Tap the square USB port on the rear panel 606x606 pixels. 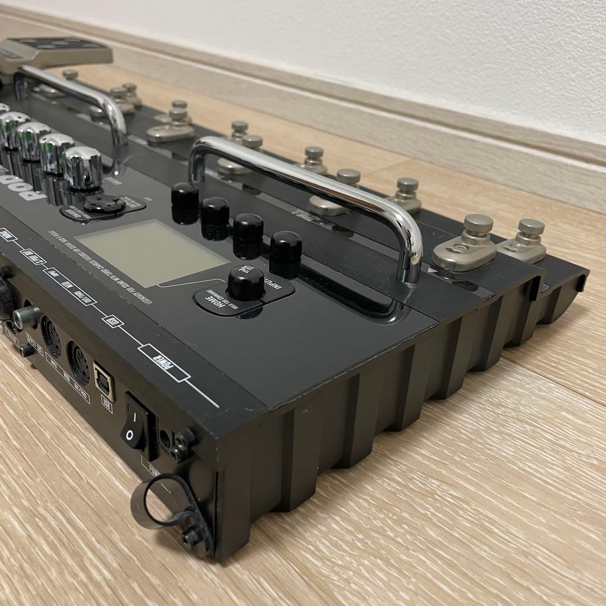(x=104, y=381)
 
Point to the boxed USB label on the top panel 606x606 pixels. (x=112, y=322)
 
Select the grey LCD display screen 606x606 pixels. (x=151, y=252)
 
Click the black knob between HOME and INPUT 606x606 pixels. (x=246, y=283)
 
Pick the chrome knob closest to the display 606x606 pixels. (x=82, y=167)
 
